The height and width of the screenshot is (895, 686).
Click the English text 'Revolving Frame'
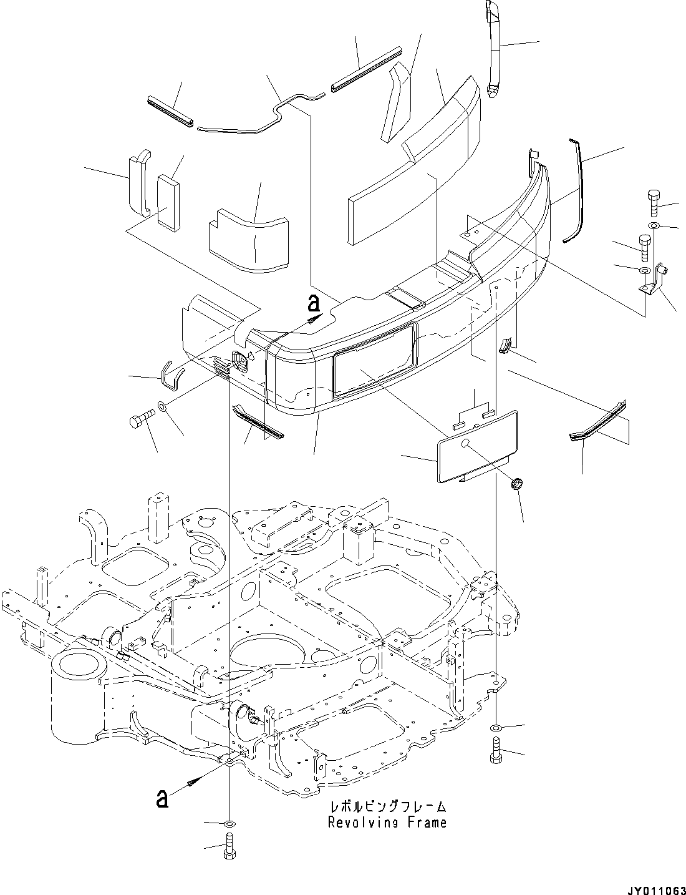coord(387,822)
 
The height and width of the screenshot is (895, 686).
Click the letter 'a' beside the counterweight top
coord(314,303)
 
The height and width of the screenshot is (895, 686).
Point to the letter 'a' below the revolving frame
coord(162,798)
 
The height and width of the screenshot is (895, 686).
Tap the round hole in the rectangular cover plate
coord(465,443)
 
